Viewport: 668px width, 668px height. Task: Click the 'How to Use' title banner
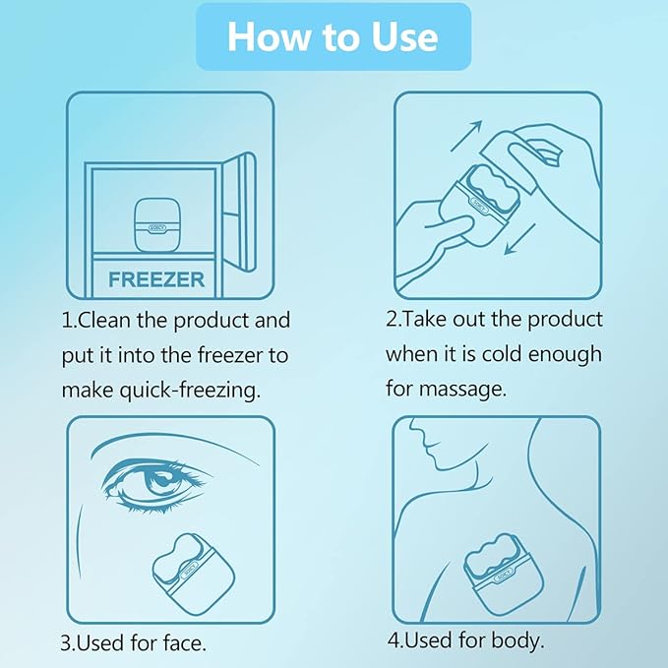(333, 36)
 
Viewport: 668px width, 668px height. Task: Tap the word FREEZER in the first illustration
(156, 279)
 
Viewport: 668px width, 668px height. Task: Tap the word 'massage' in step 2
(461, 389)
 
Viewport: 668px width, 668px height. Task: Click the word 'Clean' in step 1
(105, 321)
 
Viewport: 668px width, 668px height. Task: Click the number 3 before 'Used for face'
(66, 644)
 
